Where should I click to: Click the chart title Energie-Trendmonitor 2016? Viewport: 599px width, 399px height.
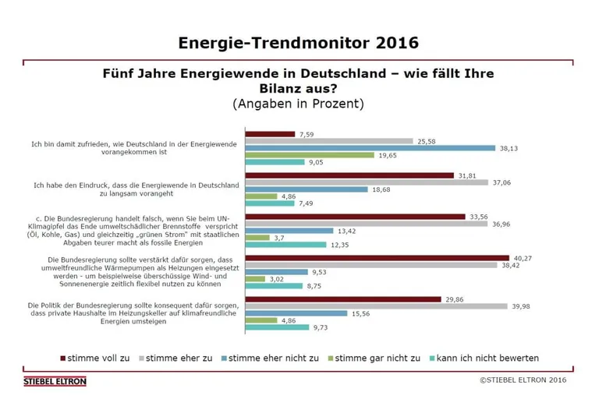pyautogui.click(x=299, y=42)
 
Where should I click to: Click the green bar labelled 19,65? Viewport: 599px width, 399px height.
pyautogui.click(x=310, y=155)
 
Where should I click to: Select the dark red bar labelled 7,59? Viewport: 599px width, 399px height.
pyautogui.click(x=270, y=134)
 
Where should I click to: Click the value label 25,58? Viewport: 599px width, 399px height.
pyautogui.click(x=427, y=141)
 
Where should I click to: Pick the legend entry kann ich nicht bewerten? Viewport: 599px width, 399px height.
pyautogui.click(x=487, y=358)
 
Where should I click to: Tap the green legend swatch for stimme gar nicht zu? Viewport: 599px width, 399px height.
pyautogui.click(x=329, y=358)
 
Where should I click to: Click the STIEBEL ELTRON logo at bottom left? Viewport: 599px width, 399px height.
pyautogui.click(x=55, y=381)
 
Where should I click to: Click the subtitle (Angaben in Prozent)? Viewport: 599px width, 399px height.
pyautogui.click(x=298, y=103)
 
